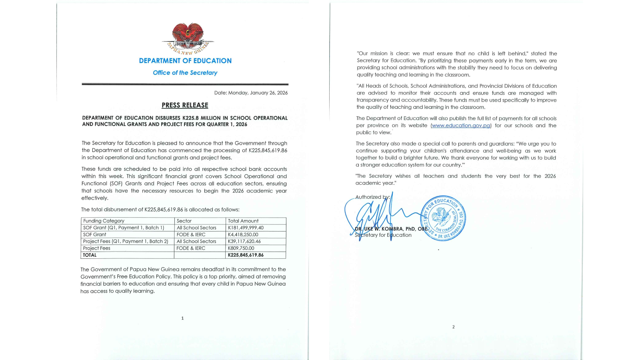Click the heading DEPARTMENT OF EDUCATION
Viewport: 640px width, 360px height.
pyautogui.click(x=185, y=61)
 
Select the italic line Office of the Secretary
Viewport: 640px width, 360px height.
pyautogui.click(x=185, y=73)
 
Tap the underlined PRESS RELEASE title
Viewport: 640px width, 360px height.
pyautogui.click(x=185, y=105)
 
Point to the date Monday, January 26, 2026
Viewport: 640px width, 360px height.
pyautogui.click(x=251, y=93)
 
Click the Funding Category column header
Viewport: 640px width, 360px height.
pyautogui.click(x=104, y=221)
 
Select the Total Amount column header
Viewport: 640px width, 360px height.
pyautogui.click(x=243, y=221)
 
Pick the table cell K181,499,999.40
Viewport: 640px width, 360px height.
pyautogui.click(x=246, y=228)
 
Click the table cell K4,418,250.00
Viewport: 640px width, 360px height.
pyautogui.click(x=243, y=234)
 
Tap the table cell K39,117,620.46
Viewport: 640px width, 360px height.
pyautogui.click(x=244, y=241)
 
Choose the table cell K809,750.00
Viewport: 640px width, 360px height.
pyautogui.click(x=241, y=248)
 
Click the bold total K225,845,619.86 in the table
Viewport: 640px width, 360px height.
pyautogui.click(x=246, y=255)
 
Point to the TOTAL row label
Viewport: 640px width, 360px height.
pyautogui.click(x=90, y=255)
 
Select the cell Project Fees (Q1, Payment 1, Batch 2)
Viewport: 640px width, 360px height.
pyautogui.click(x=126, y=241)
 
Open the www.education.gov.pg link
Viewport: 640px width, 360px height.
pyautogui.click(x=461, y=126)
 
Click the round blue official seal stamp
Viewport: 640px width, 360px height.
pyautogui.click(x=443, y=218)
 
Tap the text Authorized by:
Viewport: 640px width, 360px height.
pyautogui.click(x=372, y=197)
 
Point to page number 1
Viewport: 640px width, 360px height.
pyautogui.click(x=182, y=318)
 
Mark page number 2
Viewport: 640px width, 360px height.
pyautogui.click(x=453, y=327)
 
